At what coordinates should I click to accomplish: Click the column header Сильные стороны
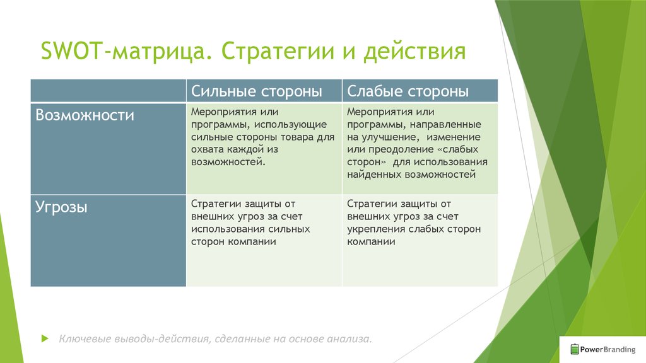256,91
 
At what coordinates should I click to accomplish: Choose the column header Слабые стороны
408,91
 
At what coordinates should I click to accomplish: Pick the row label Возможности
85,115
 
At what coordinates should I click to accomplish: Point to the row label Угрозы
61,207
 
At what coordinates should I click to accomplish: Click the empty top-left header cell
109,91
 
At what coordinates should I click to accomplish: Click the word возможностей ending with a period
228,162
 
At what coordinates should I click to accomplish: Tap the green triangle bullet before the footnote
45,338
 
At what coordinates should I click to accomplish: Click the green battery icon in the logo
575,349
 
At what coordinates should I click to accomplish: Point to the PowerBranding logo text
608,350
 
